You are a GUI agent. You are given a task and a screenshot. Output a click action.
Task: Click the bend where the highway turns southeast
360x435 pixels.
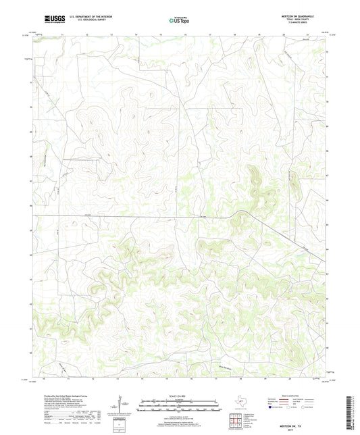coord(238,214)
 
